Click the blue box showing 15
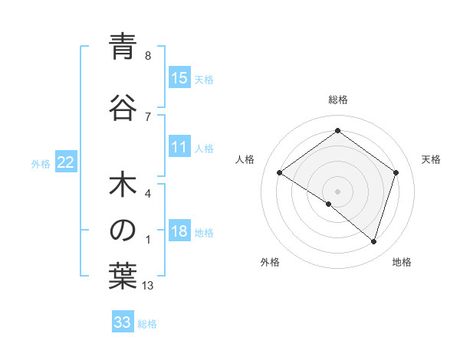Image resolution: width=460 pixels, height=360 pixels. (x=179, y=78)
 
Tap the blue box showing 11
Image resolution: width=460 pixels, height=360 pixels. (x=179, y=148)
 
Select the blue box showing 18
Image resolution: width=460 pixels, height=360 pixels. (x=179, y=232)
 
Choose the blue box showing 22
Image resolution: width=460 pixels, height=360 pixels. (x=66, y=162)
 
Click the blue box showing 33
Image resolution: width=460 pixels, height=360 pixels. (x=123, y=322)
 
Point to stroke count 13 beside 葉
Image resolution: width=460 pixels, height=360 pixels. (x=148, y=286)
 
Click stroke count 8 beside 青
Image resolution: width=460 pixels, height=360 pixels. (x=148, y=56)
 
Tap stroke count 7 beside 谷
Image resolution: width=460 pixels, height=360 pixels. (x=148, y=116)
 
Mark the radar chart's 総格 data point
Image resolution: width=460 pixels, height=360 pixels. (x=337, y=131)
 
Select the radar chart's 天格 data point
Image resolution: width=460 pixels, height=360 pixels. (x=396, y=172)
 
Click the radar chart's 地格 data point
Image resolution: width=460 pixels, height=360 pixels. (x=373, y=241)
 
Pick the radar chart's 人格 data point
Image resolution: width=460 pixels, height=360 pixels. (x=279, y=172)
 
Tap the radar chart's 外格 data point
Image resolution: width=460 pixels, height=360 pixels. (x=329, y=204)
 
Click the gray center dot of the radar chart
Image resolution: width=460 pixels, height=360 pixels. (x=337, y=191)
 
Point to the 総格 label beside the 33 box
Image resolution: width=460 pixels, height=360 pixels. (x=147, y=324)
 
